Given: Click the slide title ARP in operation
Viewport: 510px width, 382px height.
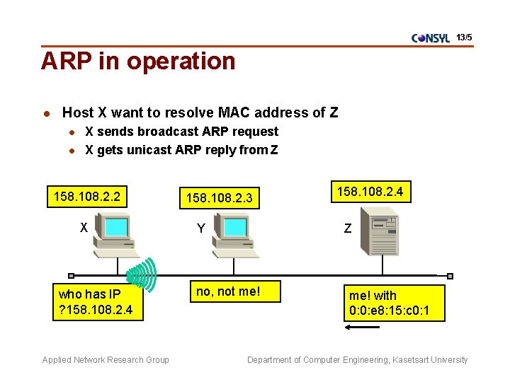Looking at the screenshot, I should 138,62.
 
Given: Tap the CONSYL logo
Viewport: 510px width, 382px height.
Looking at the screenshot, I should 431,38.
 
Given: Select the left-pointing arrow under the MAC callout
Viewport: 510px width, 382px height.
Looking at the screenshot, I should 361,328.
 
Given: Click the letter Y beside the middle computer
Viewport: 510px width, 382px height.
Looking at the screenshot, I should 201,228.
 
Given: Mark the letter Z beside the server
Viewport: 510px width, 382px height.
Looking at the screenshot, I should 347,228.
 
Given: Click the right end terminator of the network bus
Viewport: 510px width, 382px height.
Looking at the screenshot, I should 450,276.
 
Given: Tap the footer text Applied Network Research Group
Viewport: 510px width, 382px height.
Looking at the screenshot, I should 106,360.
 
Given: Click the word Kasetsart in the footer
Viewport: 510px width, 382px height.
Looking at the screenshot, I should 409,360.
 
